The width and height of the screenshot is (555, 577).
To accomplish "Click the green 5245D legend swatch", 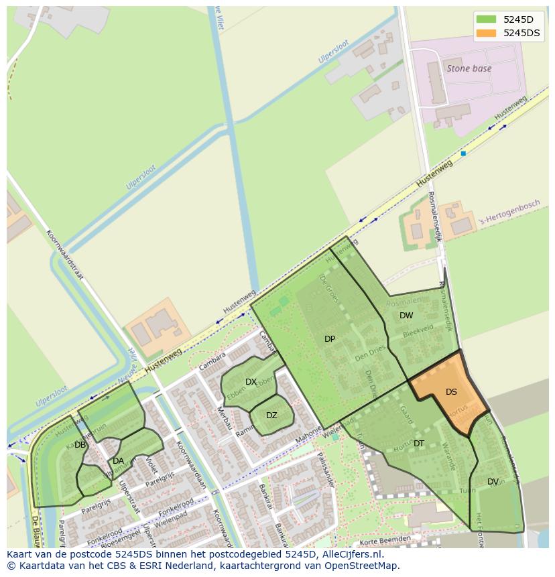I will pyautogui.click(x=486, y=19).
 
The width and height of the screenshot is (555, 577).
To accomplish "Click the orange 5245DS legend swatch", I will pyautogui.click(x=486, y=32).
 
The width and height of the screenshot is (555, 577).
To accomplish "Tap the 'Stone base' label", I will pyautogui.click(x=469, y=68).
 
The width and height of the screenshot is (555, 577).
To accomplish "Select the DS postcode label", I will pyautogui.click(x=451, y=392).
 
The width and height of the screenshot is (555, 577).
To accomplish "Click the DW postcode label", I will pyautogui.click(x=406, y=316).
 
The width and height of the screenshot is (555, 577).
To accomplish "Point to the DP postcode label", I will pyautogui.click(x=329, y=339).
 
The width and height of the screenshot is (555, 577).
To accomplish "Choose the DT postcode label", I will pyautogui.click(x=419, y=444).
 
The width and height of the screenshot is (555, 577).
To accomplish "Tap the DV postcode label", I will pyautogui.click(x=493, y=482).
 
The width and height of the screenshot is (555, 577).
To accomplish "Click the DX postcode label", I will pyautogui.click(x=251, y=382).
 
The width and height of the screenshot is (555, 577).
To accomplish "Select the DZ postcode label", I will pyautogui.click(x=271, y=415).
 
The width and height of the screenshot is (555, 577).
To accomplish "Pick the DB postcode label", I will pyautogui.click(x=80, y=445).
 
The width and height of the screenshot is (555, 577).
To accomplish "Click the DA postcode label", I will pyautogui.click(x=118, y=460).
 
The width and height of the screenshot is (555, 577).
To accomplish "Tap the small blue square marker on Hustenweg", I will pyautogui.click(x=463, y=153).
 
